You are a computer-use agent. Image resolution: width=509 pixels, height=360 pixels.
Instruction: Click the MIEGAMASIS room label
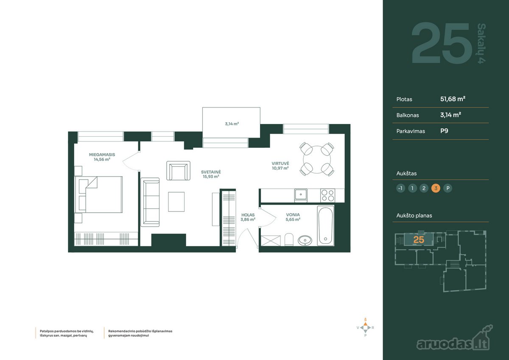pyautogui.click(x=102, y=155)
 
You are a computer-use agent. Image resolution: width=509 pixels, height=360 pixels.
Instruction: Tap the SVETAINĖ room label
pyautogui.click(x=211, y=172)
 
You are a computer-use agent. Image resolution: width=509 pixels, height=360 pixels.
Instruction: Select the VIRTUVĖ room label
pyautogui.click(x=280, y=163)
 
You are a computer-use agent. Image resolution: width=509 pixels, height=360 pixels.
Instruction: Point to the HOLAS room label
pyautogui.click(x=248, y=215)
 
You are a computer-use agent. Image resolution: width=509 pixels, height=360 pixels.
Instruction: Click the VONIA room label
pyautogui.click(x=293, y=215)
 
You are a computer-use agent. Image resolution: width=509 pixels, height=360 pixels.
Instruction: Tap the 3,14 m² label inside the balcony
pyautogui.click(x=232, y=124)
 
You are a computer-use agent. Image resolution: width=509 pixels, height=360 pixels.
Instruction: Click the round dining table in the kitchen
pyautogui.click(x=317, y=160)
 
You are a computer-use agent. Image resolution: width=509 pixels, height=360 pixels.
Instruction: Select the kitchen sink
pyautogui.click(x=301, y=195)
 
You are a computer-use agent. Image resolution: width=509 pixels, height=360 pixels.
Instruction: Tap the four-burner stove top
pyautogui.click(x=327, y=195)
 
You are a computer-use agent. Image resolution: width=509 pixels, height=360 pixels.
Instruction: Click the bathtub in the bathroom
pyautogui.click(x=326, y=226)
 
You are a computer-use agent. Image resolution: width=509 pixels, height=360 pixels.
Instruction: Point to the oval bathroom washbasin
pyautogui.click(x=305, y=240)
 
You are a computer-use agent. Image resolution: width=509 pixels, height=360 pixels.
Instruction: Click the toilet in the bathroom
pyautogui.click(x=289, y=239)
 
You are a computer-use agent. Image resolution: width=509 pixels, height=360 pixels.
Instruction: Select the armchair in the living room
pyautogui.click(x=179, y=171)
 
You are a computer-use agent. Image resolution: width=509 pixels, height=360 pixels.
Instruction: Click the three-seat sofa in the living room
pyautogui.click(x=150, y=202)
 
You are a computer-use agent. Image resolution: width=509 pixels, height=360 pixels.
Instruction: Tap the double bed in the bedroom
pyautogui.click(x=98, y=194)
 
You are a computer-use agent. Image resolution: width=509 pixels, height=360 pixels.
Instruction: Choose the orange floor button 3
pyautogui.click(x=436, y=188)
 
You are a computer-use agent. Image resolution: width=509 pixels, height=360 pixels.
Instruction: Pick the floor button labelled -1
pyautogui.click(x=400, y=188)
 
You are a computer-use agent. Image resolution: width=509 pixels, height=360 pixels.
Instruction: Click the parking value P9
pyautogui.click(x=444, y=131)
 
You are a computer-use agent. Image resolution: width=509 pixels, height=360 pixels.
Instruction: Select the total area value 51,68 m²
pyautogui.click(x=453, y=99)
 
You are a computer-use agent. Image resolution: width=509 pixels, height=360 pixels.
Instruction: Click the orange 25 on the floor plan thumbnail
pyautogui.click(x=419, y=240)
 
